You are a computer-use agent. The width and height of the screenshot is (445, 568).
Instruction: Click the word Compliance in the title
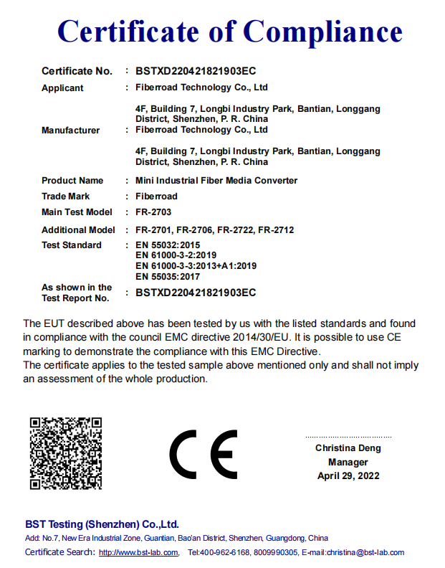(x=323, y=32)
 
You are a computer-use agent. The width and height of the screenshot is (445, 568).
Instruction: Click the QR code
(x=65, y=453)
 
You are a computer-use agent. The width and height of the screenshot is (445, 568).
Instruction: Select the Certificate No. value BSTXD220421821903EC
(x=196, y=71)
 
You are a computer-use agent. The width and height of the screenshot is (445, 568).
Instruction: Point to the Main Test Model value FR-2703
(x=153, y=212)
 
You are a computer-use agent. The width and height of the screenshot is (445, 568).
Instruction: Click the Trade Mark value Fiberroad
(x=156, y=197)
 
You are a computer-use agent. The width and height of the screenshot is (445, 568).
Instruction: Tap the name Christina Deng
(x=348, y=448)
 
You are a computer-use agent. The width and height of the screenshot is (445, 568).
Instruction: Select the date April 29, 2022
(x=348, y=475)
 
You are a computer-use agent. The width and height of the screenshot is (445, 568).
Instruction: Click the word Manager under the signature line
(x=348, y=462)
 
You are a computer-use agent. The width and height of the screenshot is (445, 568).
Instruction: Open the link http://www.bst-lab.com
(x=138, y=552)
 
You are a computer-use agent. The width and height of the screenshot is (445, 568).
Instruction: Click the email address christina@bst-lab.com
(x=365, y=552)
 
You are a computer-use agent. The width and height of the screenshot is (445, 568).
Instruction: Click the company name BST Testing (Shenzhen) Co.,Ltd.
(x=102, y=524)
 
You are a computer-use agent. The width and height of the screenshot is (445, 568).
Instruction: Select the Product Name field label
(x=72, y=181)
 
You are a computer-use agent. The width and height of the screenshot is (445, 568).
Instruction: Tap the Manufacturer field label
(x=71, y=131)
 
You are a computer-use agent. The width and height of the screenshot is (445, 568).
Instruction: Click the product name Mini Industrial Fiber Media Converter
(x=216, y=181)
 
